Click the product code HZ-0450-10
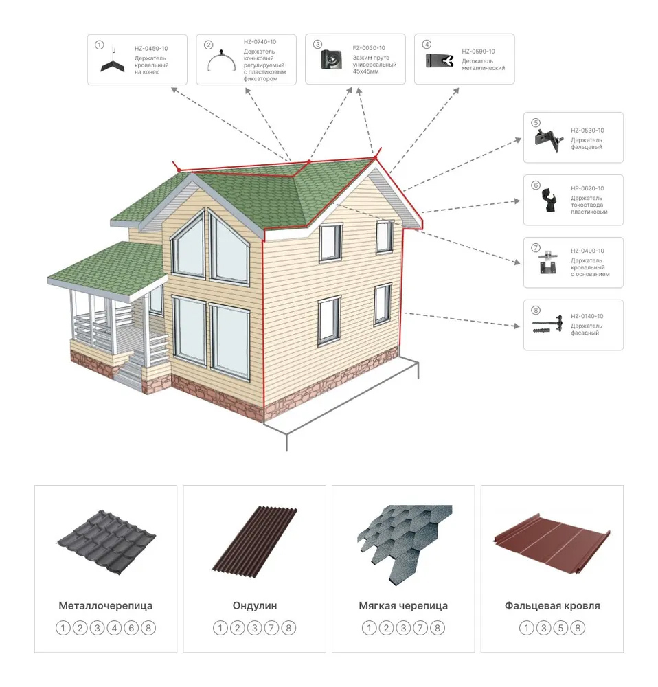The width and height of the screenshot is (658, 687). coord(151,49)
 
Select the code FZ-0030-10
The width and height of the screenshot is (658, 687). coord(369,48)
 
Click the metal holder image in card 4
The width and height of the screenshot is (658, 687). coord(440,60)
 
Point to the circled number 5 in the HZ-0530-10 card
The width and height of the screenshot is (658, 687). coord(536,123)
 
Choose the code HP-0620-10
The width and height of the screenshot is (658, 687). coord(587,188)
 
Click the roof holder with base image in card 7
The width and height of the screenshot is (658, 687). coord(548,262)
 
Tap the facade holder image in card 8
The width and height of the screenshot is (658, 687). coord(547,324)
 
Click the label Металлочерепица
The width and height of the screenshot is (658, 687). coord(106,605)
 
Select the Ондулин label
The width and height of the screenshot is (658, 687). coord(255,605)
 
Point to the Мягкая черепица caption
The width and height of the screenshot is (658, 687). coord(403,605)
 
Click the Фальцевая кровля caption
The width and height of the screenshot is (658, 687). coord(552,605)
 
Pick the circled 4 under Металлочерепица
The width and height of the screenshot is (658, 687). coord(114,629)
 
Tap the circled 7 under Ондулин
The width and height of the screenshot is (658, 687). coord(271,629)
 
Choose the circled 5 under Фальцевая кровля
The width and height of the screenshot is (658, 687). coord(560,629)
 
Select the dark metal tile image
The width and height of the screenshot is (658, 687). coord(106,542)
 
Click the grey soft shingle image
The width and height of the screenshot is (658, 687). coord(405,543)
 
